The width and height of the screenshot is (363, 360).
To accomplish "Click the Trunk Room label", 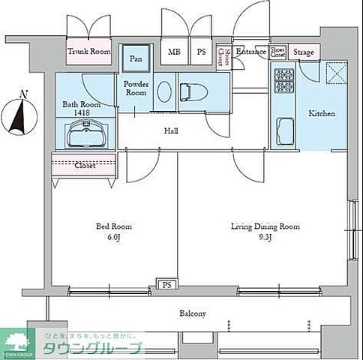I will pyautogui.click(x=89, y=52).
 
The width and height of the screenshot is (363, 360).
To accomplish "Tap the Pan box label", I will pyautogui.click(x=136, y=58).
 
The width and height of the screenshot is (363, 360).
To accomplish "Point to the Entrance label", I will pyautogui.click(x=250, y=52).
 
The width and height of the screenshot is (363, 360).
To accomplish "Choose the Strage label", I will pyautogui.click(x=304, y=52).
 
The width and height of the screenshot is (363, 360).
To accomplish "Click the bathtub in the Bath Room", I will pyautogui.click(x=85, y=136).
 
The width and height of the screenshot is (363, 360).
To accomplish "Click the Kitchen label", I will pyautogui.click(x=322, y=114).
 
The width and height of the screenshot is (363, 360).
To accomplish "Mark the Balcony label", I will pyautogui.click(x=193, y=313).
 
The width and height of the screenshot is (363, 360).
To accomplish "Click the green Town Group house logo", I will pyautogui.click(x=16, y=342).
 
